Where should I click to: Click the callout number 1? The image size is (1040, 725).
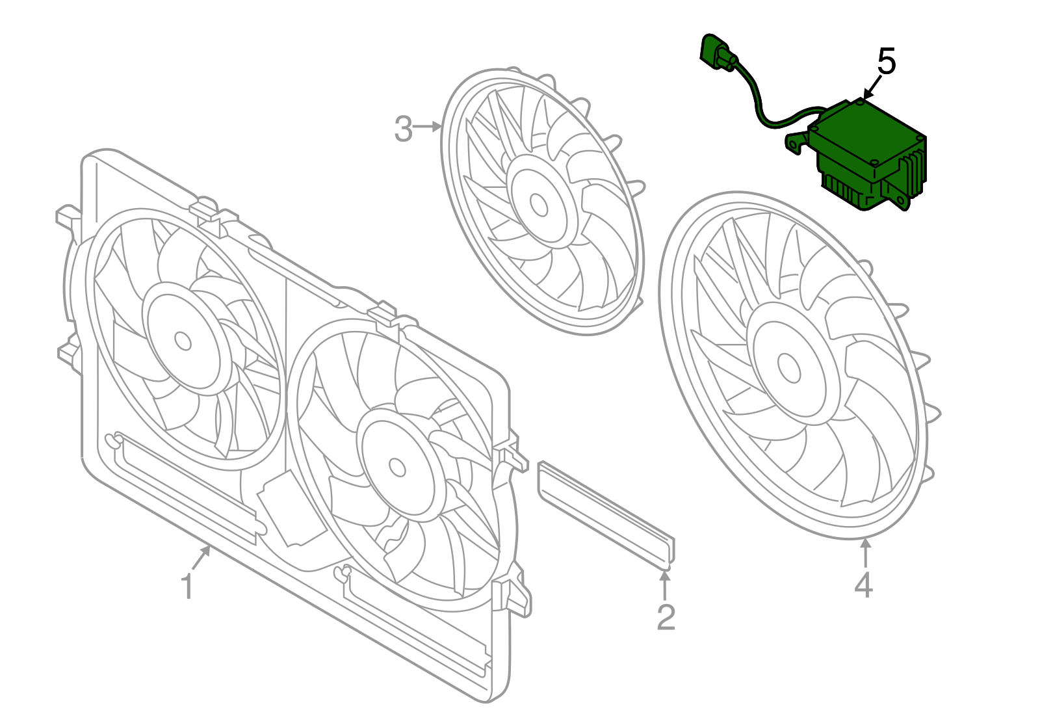click(187, 587)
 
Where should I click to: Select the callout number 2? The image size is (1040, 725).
click(666, 618)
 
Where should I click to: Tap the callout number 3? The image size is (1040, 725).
click(403, 129)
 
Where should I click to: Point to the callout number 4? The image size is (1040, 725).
click(863, 585)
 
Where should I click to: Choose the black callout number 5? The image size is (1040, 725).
click(887, 62)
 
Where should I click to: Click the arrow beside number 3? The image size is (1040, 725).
click(428, 127)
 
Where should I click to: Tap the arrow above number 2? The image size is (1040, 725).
click(664, 585)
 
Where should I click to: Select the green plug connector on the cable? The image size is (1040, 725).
click(716, 52)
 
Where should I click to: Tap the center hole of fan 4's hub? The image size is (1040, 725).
click(789, 368)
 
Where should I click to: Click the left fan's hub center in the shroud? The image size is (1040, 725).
click(183, 341)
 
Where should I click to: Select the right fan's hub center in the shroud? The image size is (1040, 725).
click(396, 466)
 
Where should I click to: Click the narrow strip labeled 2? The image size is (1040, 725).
click(606, 513)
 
